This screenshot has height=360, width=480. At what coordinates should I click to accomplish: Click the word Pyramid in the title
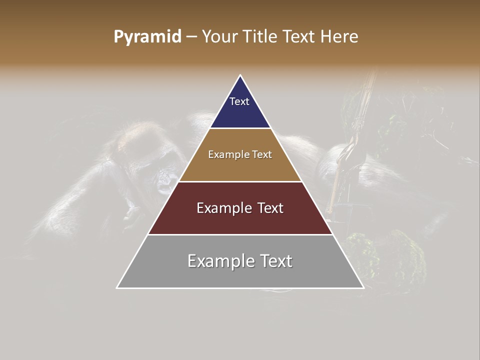pos(147,37)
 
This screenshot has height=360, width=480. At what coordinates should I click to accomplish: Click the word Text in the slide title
pos(299,37)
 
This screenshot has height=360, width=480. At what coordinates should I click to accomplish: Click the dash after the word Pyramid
pos(190,37)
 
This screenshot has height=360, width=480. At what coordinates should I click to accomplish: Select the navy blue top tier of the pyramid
pos(240,112)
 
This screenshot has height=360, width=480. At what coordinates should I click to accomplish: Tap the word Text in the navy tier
pos(239,101)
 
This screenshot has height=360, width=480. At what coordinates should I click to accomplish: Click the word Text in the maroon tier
pos(270,208)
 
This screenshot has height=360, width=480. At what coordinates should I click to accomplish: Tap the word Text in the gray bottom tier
pos(275,261)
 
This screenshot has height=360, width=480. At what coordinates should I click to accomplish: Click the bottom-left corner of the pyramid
pos(117,287)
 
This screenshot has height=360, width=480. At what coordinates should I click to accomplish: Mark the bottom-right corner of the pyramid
pos(363,287)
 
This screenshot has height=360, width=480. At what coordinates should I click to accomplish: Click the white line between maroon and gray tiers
pos(240,234)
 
